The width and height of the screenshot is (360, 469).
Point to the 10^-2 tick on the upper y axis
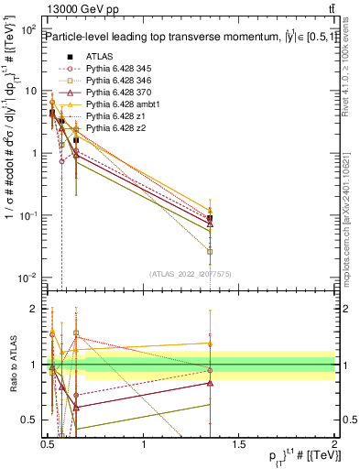(30, 277)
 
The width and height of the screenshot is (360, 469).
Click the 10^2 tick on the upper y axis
(30, 29)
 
